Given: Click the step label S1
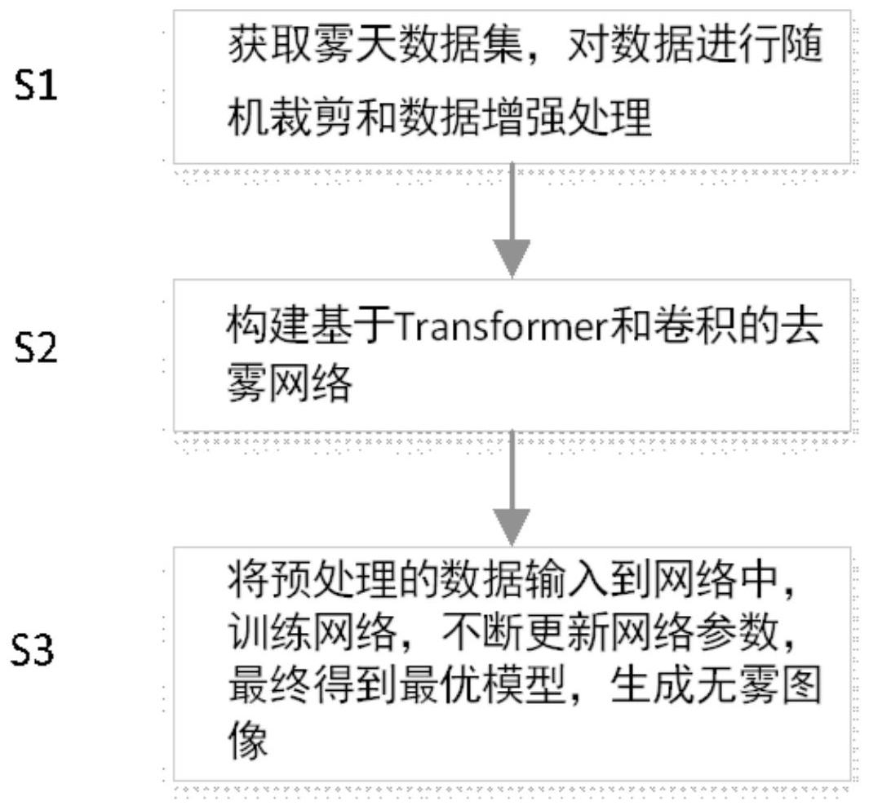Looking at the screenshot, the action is [x=38, y=85].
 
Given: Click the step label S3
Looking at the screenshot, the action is [x=38, y=652].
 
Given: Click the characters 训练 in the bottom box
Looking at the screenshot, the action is [x=265, y=633].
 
